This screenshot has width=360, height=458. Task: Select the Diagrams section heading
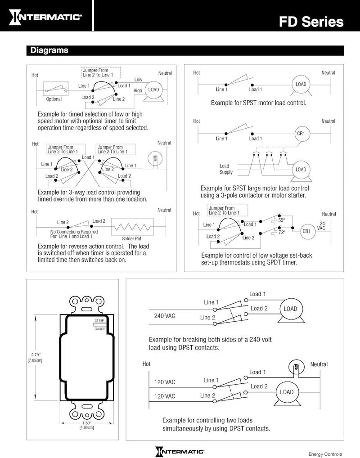49,50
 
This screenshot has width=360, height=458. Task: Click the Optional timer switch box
55,90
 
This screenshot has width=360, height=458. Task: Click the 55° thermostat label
282,220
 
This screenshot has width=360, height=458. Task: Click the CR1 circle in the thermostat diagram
306,231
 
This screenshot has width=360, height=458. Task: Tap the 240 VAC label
165,315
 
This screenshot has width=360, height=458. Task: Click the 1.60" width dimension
86,425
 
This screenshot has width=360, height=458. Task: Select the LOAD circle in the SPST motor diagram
301,85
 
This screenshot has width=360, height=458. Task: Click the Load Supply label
226,169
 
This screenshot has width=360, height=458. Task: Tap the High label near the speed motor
137,91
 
